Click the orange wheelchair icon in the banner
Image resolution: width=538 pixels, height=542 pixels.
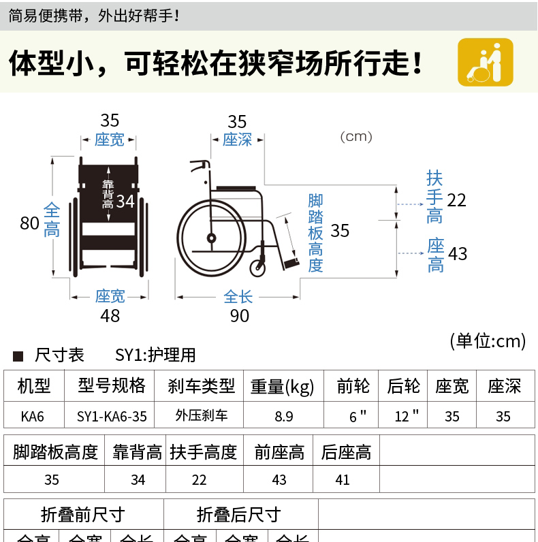[485, 62]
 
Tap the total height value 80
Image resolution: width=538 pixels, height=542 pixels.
[29, 223]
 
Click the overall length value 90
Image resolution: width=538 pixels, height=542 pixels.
[239, 316]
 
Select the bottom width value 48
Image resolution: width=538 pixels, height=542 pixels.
[110, 316]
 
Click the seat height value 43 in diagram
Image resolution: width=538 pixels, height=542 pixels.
[458, 254]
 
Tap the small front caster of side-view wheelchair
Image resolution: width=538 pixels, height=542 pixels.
[258, 267]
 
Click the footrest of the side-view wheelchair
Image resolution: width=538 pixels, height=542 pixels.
[291, 262]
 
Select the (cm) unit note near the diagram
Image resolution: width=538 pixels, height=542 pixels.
[356, 137]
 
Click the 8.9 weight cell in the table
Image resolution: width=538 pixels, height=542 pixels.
[284, 416]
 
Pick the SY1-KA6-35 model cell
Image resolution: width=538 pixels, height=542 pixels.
[112, 416]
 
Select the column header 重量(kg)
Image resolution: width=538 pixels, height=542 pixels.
[282, 387]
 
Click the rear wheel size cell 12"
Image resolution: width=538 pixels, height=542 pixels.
[406, 416]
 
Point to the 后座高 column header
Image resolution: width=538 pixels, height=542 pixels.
[346, 452]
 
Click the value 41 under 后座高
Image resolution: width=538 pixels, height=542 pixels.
[343, 479]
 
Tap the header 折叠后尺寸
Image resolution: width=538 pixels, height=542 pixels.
[238, 515]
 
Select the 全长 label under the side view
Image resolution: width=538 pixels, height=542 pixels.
[238, 297]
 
